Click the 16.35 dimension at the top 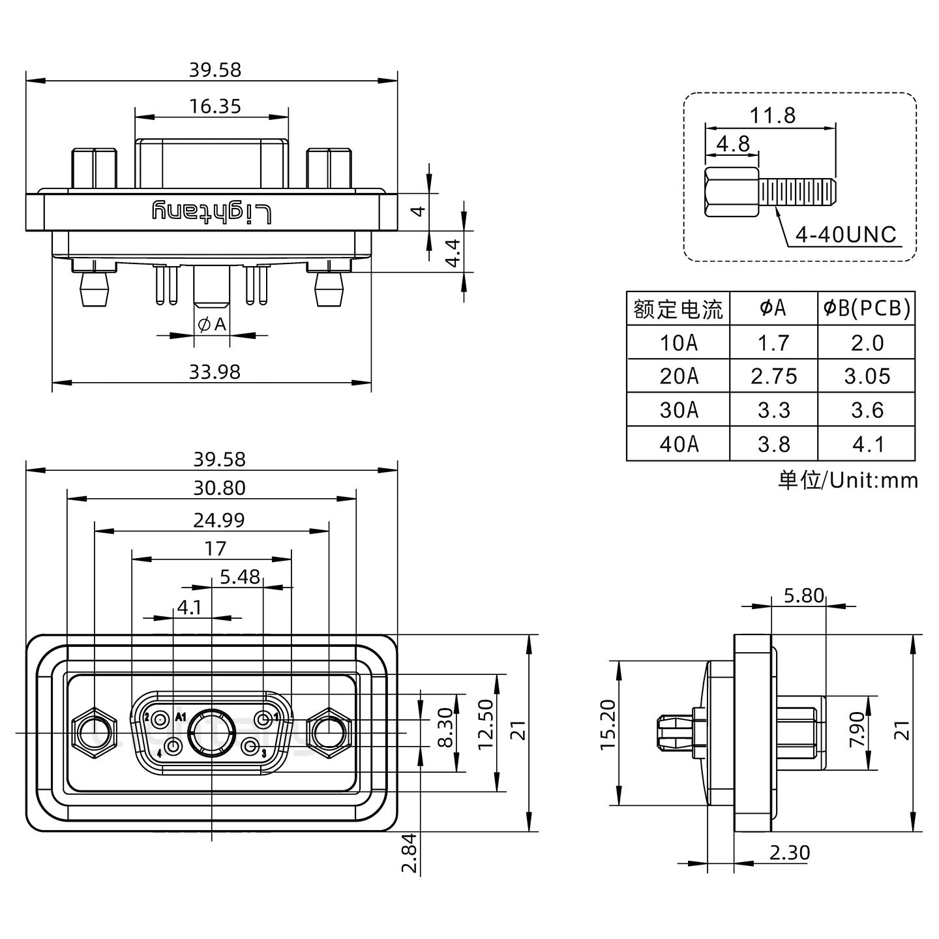pyautogui.click(x=215, y=106)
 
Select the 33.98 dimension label pyautogui.click(x=215, y=372)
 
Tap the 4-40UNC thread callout pyautogui.click(x=846, y=235)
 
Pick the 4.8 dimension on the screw pyautogui.click(x=733, y=143)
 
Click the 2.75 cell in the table pyautogui.click(x=773, y=376)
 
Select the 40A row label pyautogui.click(x=678, y=444)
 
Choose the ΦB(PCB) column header pyautogui.click(x=867, y=308)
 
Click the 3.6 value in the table pyautogui.click(x=867, y=410)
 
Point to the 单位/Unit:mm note pyautogui.click(x=848, y=481)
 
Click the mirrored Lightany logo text pyautogui.click(x=212, y=212)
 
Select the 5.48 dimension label pyautogui.click(x=240, y=576)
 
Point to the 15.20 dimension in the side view pyautogui.click(x=607, y=733)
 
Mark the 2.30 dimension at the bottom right pyautogui.click(x=789, y=852)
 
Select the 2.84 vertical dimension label pyautogui.click(x=409, y=854)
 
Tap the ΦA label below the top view pyautogui.click(x=212, y=323)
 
